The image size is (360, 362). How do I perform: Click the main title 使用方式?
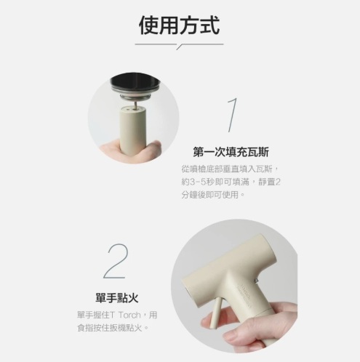tap(180, 25)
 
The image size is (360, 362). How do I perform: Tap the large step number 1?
tap(232, 115)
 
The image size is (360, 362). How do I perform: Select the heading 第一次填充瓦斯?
tap(231, 152)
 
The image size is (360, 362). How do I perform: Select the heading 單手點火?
tap(117, 298)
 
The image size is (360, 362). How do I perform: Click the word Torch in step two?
tap(129, 315)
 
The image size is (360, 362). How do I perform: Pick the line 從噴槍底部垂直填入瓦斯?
tap(228, 169)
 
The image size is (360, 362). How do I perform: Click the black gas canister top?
tap(135, 82)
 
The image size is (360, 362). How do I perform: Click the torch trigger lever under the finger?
tap(216, 313)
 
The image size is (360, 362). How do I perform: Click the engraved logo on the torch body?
tap(244, 294)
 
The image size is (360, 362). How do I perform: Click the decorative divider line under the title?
tap(179, 45)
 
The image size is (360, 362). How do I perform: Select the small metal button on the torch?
tap(256, 281)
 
